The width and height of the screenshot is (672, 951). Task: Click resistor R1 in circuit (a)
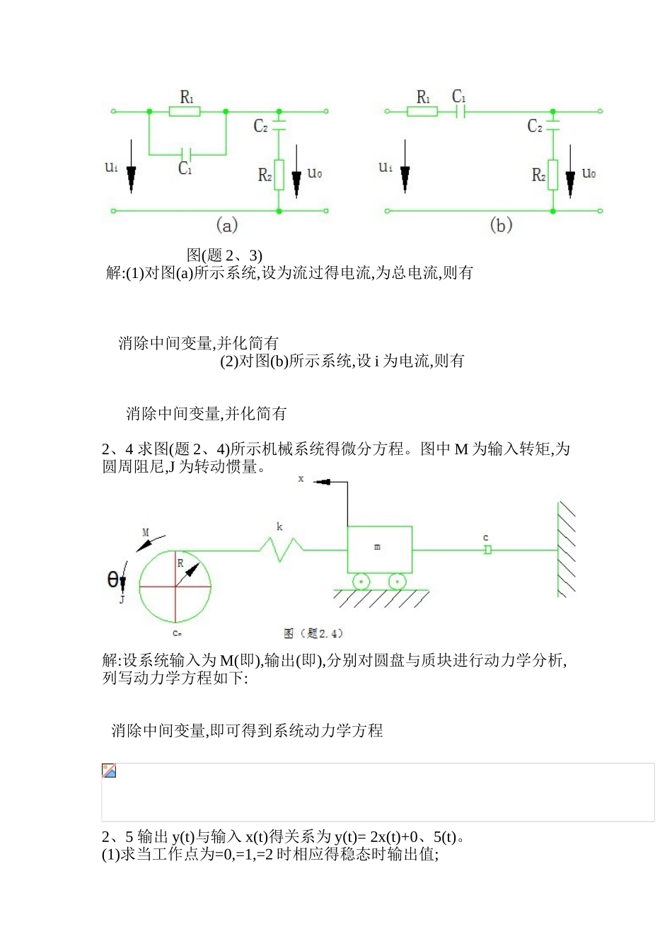pyautogui.click(x=185, y=111)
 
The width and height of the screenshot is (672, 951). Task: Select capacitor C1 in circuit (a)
pyautogui.click(x=186, y=154)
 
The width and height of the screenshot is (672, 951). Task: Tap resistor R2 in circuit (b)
pyautogui.click(x=552, y=175)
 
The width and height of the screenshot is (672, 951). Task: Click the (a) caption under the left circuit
pyautogui.click(x=226, y=226)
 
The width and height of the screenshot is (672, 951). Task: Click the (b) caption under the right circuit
pyautogui.click(x=501, y=226)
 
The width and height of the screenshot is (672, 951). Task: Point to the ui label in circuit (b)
pyautogui.click(x=385, y=168)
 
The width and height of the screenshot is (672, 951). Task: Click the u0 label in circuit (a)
pyautogui.click(x=315, y=173)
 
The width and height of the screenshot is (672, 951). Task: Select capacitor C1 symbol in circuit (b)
pyautogui.click(x=460, y=111)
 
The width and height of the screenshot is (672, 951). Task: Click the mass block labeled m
pyautogui.click(x=379, y=549)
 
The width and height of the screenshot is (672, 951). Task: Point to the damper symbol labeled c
pyautogui.click(x=487, y=550)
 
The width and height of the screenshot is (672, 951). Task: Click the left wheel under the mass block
pyautogui.click(x=361, y=582)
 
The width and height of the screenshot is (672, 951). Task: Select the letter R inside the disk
pyautogui.click(x=180, y=563)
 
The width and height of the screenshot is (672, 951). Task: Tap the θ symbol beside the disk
pyautogui.click(x=112, y=580)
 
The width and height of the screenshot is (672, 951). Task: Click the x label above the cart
pyautogui.click(x=301, y=479)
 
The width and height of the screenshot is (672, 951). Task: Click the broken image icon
pyautogui.click(x=109, y=771)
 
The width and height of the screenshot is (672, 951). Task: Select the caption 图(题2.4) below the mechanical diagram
pyautogui.click(x=313, y=633)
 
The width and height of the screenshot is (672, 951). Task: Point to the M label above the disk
pyautogui.click(x=146, y=532)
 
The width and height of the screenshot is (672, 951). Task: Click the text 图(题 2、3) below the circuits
pyautogui.click(x=224, y=255)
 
